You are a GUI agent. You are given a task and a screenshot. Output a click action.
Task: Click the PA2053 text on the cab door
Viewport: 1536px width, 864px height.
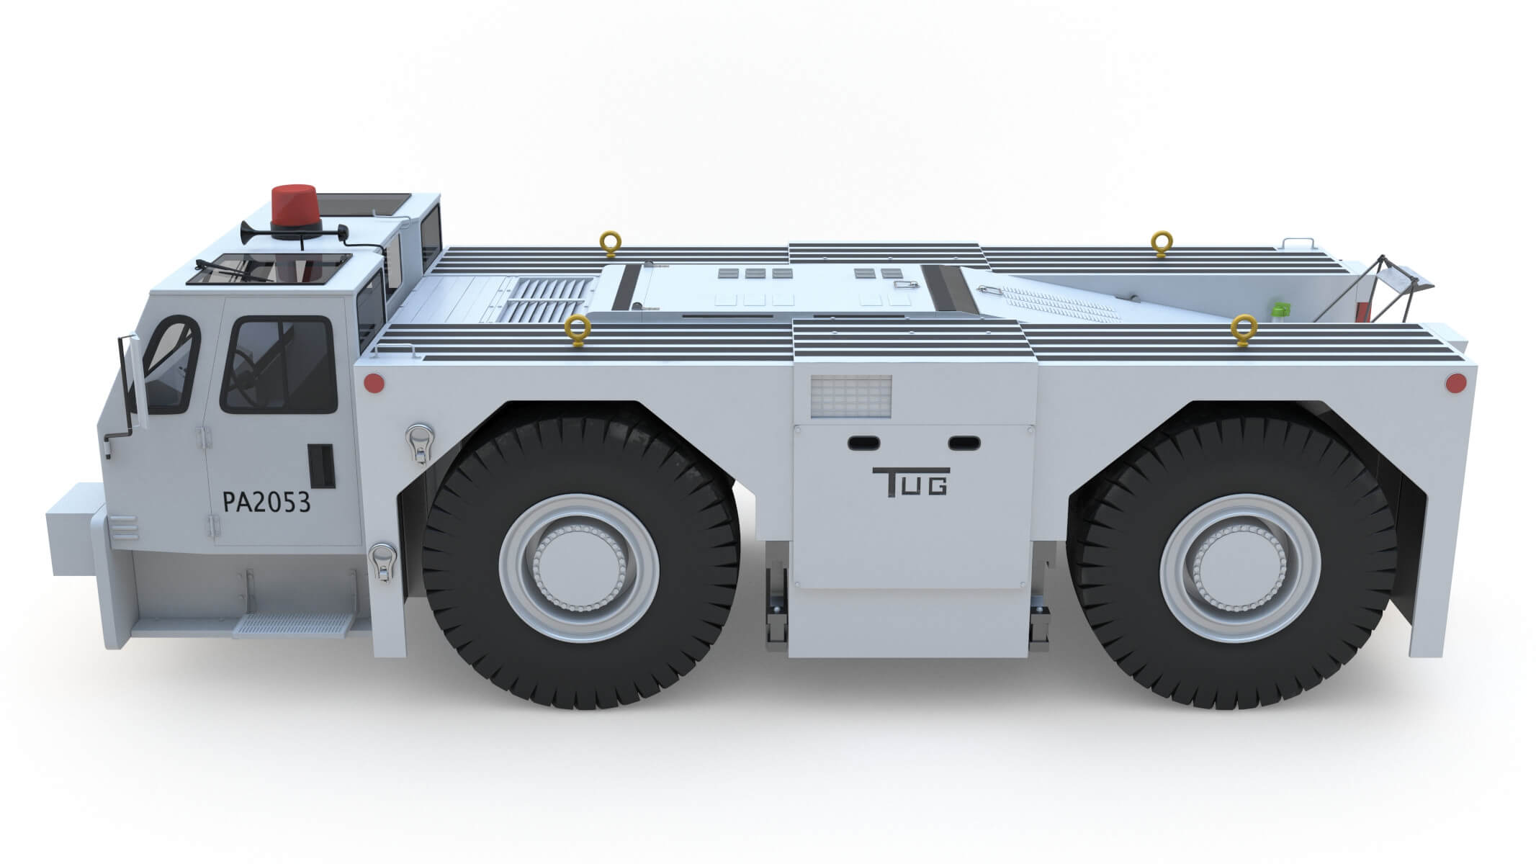pyautogui.click(x=267, y=502)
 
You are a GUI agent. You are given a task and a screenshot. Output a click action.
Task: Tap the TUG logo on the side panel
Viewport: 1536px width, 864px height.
pyautogui.click(x=910, y=482)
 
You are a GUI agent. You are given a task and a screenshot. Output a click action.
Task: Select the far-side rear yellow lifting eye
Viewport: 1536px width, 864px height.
pyautogui.click(x=1160, y=243)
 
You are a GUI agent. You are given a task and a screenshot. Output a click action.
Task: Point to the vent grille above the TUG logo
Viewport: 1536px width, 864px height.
pyautogui.click(x=850, y=396)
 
